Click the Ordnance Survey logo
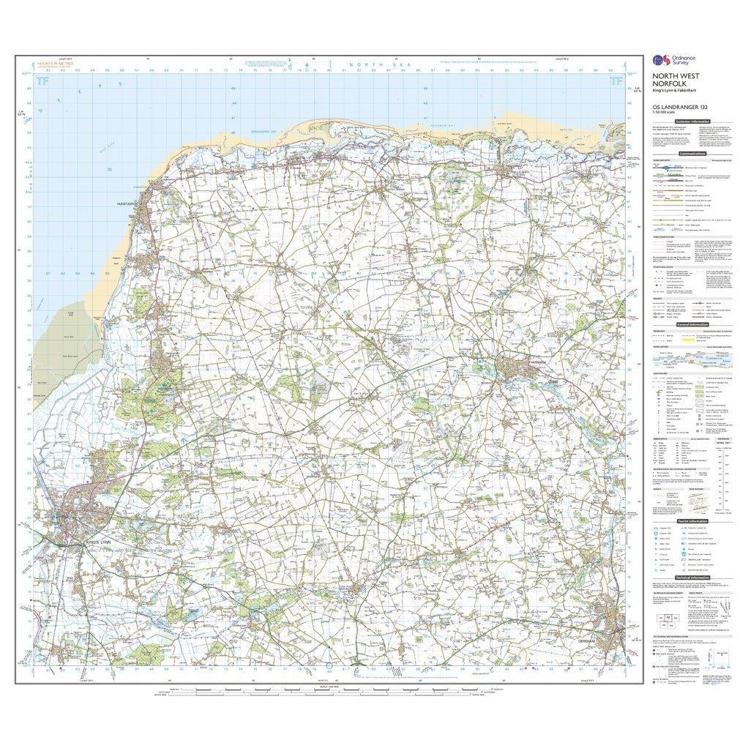pyautogui.click(x=672, y=61)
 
